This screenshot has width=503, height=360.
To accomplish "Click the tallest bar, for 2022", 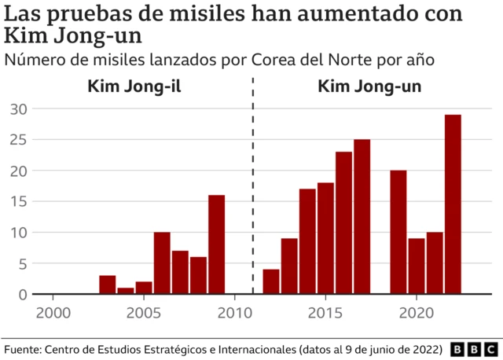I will [453, 204].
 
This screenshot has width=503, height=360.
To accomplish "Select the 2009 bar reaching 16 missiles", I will [216, 244].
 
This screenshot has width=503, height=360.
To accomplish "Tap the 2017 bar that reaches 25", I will [362, 217].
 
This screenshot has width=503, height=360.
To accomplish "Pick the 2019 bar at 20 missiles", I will [398, 232].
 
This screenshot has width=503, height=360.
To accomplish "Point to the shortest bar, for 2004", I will [126, 291].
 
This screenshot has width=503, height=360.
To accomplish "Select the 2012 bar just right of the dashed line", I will [271, 281].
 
